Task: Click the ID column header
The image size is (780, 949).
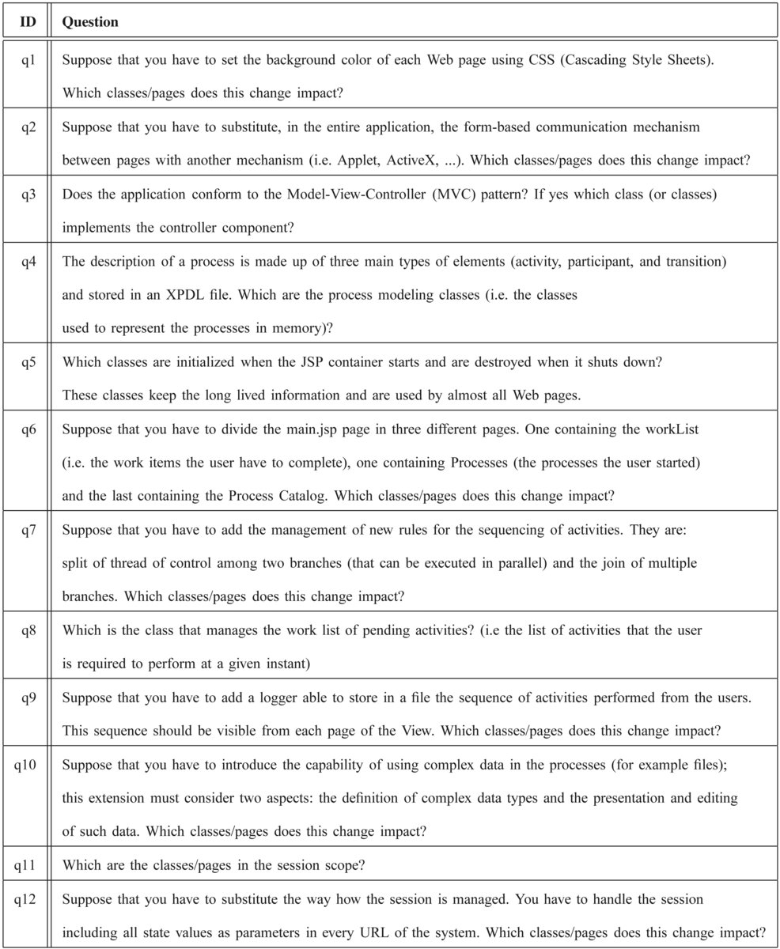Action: coord(28,22)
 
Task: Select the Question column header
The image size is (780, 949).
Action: coord(90,22)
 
